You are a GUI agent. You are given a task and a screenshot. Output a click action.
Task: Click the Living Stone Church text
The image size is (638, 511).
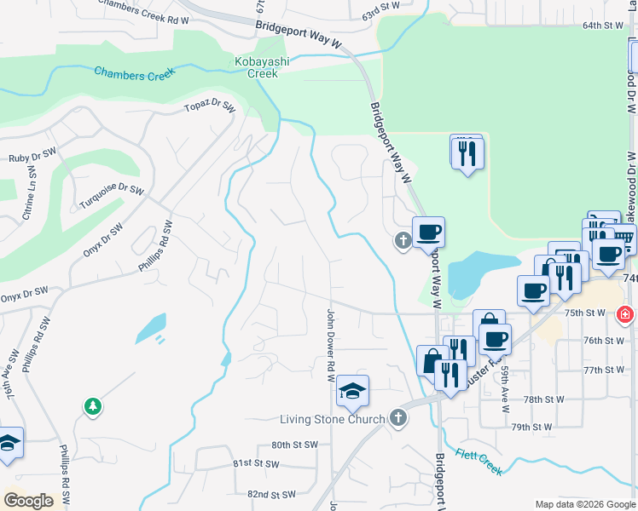(333, 419)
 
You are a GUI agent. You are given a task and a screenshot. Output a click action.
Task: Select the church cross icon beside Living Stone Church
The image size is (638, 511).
(397, 417)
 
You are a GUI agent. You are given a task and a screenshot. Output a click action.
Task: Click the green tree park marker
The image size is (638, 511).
(92, 407)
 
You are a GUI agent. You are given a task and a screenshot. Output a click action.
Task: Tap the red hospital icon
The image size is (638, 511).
(625, 314)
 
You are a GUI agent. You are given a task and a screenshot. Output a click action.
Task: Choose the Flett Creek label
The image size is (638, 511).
(478, 462)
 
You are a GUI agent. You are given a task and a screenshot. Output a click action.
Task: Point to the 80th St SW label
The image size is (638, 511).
(294, 445)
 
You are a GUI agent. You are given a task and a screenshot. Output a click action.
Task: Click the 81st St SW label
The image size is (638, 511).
(256, 464)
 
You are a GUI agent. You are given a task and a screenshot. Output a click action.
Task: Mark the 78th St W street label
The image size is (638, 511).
(544, 399)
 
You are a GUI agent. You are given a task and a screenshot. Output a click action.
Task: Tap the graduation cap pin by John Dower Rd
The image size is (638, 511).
(352, 391)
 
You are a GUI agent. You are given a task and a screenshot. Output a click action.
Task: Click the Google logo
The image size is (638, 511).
(28, 501)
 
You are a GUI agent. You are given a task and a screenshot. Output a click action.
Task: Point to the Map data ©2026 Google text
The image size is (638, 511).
(584, 504)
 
